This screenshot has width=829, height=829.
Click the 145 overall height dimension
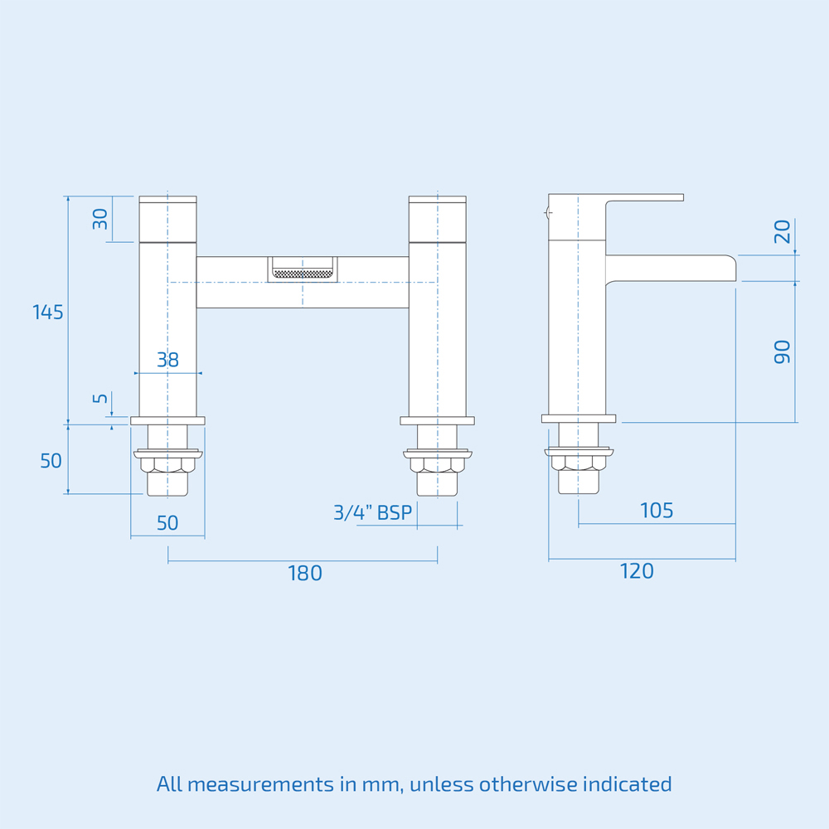pyautogui.click(x=48, y=313)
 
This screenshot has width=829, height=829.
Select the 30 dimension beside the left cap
pyautogui.click(x=100, y=220)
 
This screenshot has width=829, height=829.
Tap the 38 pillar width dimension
pyautogui.click(x=167, y=360)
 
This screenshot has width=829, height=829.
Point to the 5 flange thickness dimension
pyautogui.click(x=100, y=399)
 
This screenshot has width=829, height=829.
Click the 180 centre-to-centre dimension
pyautogui.click(x=304, y=573)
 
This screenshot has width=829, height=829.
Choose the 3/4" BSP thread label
pyautogui.click(x=372, y=512)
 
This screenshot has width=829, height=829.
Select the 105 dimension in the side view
pyautogui.click(x=657, y=511)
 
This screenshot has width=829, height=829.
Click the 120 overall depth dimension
pyautogui.click(x=637, y=571)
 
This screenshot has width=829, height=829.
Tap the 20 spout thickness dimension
pyautogui.click(x=782, y=231)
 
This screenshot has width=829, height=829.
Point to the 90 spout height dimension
pyautogui.click(x=782, y=351)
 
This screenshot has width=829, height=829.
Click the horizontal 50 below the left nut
pyautogui.click(x=167, y=523)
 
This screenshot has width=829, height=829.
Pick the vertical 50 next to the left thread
pyautogui.click(x=51, y=461)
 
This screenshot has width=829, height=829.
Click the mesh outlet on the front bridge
pyautogui.click(x=303, y=272)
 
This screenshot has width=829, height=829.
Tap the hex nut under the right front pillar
pyautogui.click(x=437, y=464)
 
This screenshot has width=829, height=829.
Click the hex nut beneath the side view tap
pyautogui.click(x=579, y=464)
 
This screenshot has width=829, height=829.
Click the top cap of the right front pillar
pyautogui.click(x=437, y=200)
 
